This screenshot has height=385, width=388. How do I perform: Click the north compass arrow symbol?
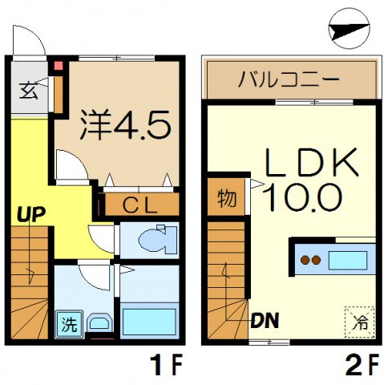pyautogui.click(x=349, y=29)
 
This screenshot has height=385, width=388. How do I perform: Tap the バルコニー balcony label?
pyautogui.click(x=289, y=79)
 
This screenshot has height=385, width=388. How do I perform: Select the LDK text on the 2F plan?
pyautogui.click(x=312, y=162)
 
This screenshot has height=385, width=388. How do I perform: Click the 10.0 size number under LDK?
pyautogui.click(x=302, y=197)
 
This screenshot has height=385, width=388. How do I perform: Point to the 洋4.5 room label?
pyautogui.click(x=126, y=124)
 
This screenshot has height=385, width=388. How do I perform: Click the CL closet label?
pyautogui.click(x=139, y=205)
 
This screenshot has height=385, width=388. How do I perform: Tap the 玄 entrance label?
pyautogui.click(x=29, y=91)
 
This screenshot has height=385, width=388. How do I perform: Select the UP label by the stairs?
pyautogui.click(x=31, y=214)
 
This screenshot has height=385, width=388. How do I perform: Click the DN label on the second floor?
pyautogui.click(x=265, y=320)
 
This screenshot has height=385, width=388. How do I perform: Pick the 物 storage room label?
pyautogui.click(x=227, y=198)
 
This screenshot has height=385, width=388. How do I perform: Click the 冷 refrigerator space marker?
pyautogui.click(x=360, y=322)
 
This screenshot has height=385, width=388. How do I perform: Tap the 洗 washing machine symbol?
pyautogui.click(x=69, y=324)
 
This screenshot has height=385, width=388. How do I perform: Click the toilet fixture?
pyautogui.click(x=158, y=239)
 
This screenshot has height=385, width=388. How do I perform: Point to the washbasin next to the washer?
pyautogui.click(x=99, y=322)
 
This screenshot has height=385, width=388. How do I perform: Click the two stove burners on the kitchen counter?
pyautogui.click(x=310, y=260)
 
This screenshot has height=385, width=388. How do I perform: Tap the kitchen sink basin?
pyautogui.click(x=348, y=261)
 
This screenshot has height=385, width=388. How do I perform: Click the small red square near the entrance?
pyautogui.click(x=59, y=66)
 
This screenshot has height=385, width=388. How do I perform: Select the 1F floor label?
pyautogui.click(x=166, y=364)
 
